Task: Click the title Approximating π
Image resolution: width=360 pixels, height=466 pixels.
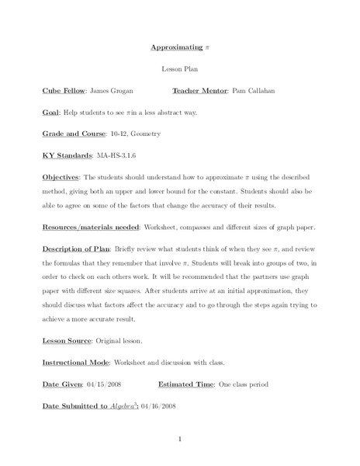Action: click(179, 47)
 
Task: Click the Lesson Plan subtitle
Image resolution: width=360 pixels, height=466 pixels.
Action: click(179, 68)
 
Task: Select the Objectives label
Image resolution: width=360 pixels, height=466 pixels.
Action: click(60, 178)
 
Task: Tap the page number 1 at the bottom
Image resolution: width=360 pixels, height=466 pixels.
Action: click(179, 440)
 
